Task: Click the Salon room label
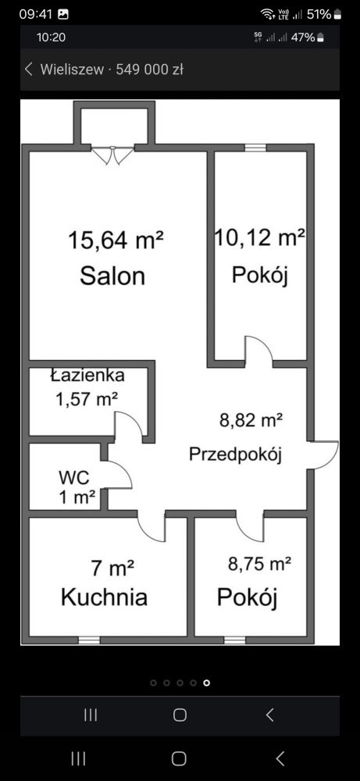pyautogui.click(x=112, y=276)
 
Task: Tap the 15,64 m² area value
pyautogui.click(x=116, y=240)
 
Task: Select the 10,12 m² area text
pyautogui.click(x=260, y=238)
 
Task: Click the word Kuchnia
pyautogui.click(x=104, y=597)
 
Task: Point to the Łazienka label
pyautogui.click(x=87, y=375)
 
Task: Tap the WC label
pyautogui.click(x=74, y=478)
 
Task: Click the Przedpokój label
pyautogui.click(x=236, y=455)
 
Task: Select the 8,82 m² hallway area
pyautogui.click(x=251, y=421)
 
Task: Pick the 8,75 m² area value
pyautogui.click(x=259, y=565)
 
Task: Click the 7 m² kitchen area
pyautogui.click(x=113, y=568)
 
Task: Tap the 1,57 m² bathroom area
pyautogui.click(x=87, y=399)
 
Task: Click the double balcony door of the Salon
pyautogui.click(x=113, y=155)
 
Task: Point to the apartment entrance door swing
pyautogui.click(x=323, y=455)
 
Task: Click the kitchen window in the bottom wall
pyautogui.click(x=89, y=640)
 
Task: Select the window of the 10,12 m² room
pyautogui.click(x=255, y=148)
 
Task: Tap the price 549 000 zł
pyautogui.click(x=150, y=70)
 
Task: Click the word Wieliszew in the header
pyautogui.click(x=72, y=70)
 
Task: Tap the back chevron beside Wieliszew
pyautogui.click(x=29, y=70)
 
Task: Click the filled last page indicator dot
pyautogui.click(x=207, y=683)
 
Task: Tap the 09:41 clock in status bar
pyautogui.click(x=36, y=14)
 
